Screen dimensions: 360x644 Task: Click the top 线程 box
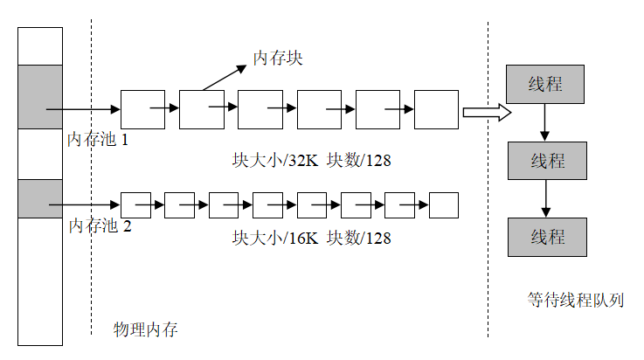click(545, 84)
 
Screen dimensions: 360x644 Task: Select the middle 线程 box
click(547, 161)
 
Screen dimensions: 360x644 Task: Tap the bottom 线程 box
click(547, 237)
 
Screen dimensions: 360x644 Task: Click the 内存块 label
click(278, 59)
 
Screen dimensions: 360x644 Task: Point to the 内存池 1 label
click(98, 139)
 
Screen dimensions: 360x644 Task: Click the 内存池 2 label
click(100, 226)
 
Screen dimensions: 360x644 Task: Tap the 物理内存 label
click(146, 329)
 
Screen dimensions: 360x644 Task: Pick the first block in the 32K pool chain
click(142, 109)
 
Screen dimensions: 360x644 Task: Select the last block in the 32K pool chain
click(436, 109)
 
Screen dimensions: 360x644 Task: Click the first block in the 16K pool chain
click(135, 204)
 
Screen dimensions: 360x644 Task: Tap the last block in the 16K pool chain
click(444, 204)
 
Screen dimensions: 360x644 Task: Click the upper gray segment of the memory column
click(40, 96)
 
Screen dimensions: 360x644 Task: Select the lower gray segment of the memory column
click(40, 198)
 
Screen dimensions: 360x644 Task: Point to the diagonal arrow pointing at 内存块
click(225, 74)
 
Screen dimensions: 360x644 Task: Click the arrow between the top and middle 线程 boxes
click(545, 122)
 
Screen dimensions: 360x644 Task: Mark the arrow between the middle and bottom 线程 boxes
click(546, 199)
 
